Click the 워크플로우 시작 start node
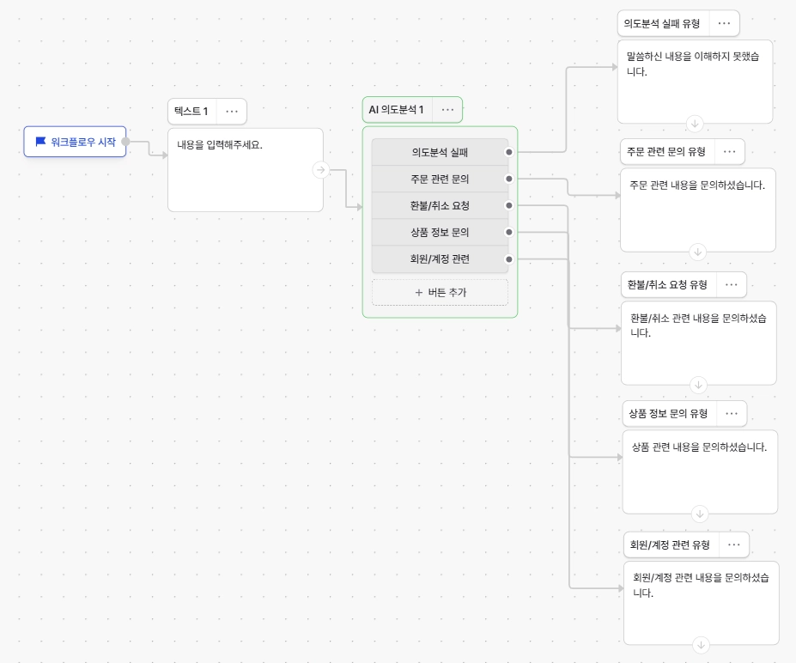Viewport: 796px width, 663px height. pyautogui.click(x=75, y=142)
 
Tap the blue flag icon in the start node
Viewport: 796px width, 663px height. pyautogui.click(x=40, y=142)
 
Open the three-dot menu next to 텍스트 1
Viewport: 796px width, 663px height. pyautogui.click(x=232, y=111)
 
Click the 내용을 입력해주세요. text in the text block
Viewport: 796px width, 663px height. pyautogui.click(x=219, y=144)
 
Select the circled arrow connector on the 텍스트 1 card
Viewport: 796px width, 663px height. pyautogui.click(x=320, y=169)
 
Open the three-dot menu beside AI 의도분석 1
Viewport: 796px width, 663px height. pyautogui.click(x=447, y=110)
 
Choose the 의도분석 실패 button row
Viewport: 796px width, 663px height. pyautogui.click(x=441, y=152)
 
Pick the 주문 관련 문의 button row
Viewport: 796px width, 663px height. pyautogui.click(x=441, y=179)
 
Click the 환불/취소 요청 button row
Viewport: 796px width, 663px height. pyautogui.click(x=441, y=205)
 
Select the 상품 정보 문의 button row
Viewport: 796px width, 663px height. pyautogui.click(x=441, y=233)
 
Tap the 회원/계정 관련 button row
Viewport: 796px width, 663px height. pyautogui.click(x=441, y=259)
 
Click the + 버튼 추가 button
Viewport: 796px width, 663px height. pyautogui.click(x=441, y=292)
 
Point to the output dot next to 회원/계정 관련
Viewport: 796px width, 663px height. pyautogui.click(x=509, y=259)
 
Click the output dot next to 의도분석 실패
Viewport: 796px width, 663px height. pyautogui.click(x=509, y=152)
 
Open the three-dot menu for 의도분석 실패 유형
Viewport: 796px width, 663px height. pyautogui.click(x=725, y=23)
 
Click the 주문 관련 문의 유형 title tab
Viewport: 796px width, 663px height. pyautogui.click(x=666, y=152)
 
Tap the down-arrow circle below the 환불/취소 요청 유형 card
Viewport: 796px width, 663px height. pyautogui.click(x=698, y=385)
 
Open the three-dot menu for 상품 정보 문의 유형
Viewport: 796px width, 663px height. pyautogui.click(x=732, y=413)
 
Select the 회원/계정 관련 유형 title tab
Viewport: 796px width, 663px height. pyautogui.click(x=670, y=544)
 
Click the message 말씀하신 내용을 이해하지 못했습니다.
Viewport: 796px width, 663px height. pyautogui.click(x=693, y=64)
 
